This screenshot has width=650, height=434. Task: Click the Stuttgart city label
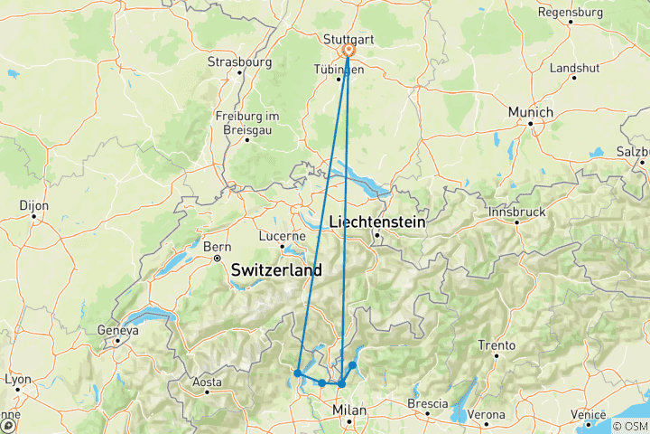coord(348,39)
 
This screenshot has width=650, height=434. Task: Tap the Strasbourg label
coord(239,62)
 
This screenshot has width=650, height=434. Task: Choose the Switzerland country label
coord(276,269)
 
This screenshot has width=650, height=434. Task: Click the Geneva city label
coord(119,331)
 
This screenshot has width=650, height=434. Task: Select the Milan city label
coord(350,410)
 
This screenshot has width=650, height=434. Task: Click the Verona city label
coord(487,415)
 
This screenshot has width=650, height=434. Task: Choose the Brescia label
coord(428,402)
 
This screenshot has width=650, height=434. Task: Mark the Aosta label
coord(207,382)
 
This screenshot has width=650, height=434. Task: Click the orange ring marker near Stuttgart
coord(348,51)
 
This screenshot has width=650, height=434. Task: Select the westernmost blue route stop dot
coord(297,373)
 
